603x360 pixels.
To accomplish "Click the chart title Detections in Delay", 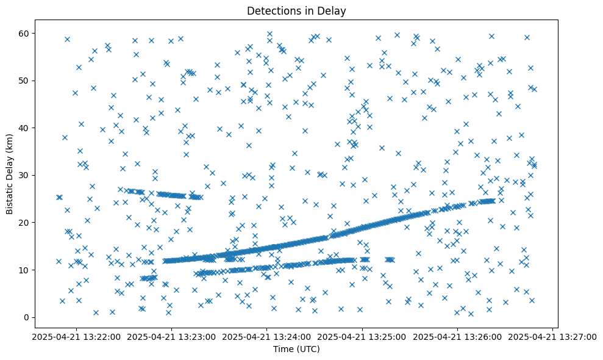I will pos(296,10).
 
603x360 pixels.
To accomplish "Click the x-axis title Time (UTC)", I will pos(296,350).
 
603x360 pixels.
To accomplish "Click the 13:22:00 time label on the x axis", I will pos(76,336).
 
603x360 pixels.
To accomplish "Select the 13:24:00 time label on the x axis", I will pos(267,336).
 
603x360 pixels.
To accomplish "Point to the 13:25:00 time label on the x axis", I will pos(363,336).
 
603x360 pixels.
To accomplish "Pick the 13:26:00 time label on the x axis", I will pos(458,336).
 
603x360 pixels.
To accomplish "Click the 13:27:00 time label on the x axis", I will pos(554,336).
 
